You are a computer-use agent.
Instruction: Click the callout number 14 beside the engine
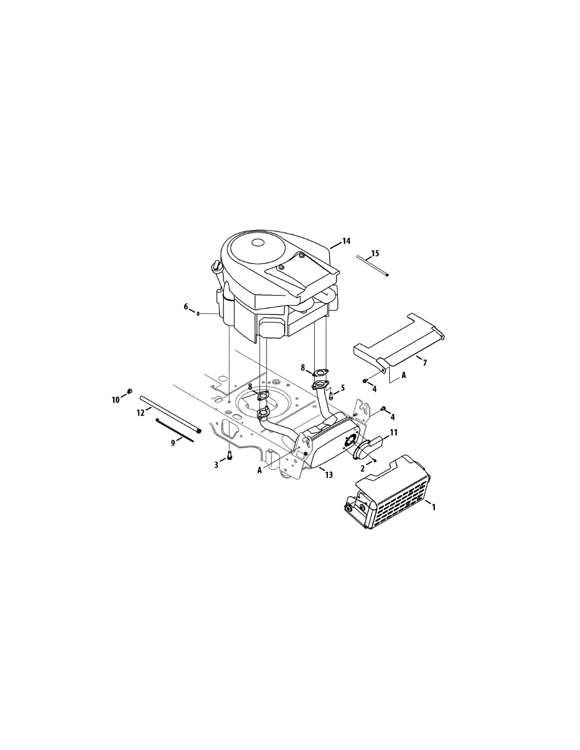click(x=346, y=241)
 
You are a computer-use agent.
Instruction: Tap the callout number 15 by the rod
click(x=375, y=253)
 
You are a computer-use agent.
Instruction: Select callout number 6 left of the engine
click(x=186, y=306)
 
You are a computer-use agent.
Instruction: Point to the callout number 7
click(x=425, y=362)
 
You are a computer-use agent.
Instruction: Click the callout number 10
click(x=116, y=399)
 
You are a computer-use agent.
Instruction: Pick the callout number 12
click(x=141, y=412)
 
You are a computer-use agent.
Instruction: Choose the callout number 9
click(x=173, y=443)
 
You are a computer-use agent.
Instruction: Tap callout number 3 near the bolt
click(x=216, y=465)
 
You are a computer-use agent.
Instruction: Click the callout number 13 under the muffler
click(x=328, y=475)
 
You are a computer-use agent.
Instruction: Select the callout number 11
click(x=394, y=432)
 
